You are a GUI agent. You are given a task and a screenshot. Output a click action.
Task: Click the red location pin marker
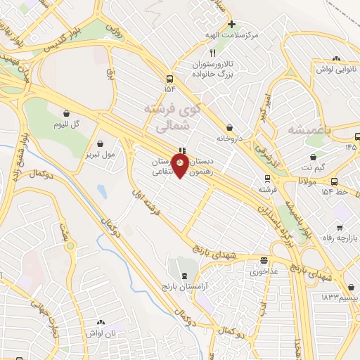tap(181, 166)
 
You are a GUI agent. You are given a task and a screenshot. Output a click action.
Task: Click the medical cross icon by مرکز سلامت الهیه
tap(231, 24)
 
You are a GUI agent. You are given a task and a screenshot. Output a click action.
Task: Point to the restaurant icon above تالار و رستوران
tap(212, 53)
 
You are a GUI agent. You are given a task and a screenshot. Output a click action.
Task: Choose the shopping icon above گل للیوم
tap(66, 112)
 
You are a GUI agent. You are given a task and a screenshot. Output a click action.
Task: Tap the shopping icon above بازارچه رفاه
tap(340, 228)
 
